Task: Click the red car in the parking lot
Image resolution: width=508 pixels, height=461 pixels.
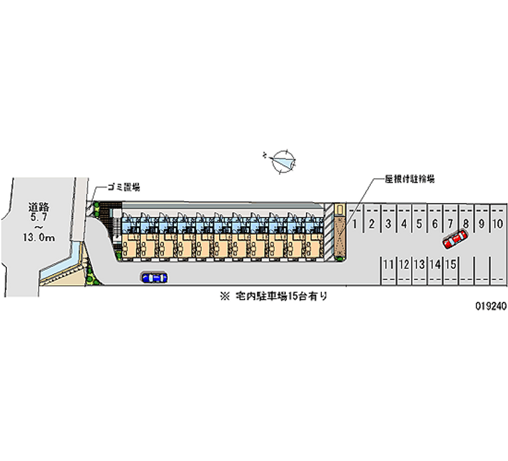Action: point(455,239)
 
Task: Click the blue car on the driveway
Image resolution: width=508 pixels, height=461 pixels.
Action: point(154,277)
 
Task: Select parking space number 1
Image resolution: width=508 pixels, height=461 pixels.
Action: point(356,223)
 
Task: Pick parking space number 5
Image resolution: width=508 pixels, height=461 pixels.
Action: point(419,223)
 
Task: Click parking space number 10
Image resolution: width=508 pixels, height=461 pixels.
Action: point(498,223)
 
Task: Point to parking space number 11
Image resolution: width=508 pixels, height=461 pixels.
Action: point(387,264)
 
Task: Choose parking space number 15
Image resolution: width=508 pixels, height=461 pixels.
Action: point(450,264)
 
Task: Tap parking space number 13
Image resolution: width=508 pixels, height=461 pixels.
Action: point(419,264)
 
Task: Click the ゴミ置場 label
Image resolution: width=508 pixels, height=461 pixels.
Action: point(123,187)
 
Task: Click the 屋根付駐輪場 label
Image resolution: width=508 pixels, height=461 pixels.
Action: point(409,179)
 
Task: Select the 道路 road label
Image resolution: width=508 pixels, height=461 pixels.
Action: point(39,207)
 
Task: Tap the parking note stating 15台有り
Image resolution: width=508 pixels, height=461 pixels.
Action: point(279,296)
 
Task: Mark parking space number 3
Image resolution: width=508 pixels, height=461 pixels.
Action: point(388,223)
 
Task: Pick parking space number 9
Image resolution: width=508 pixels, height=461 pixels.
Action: point(482,223)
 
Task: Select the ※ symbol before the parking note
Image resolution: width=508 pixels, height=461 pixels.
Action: point(224,296)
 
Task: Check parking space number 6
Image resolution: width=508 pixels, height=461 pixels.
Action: point(435,223)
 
